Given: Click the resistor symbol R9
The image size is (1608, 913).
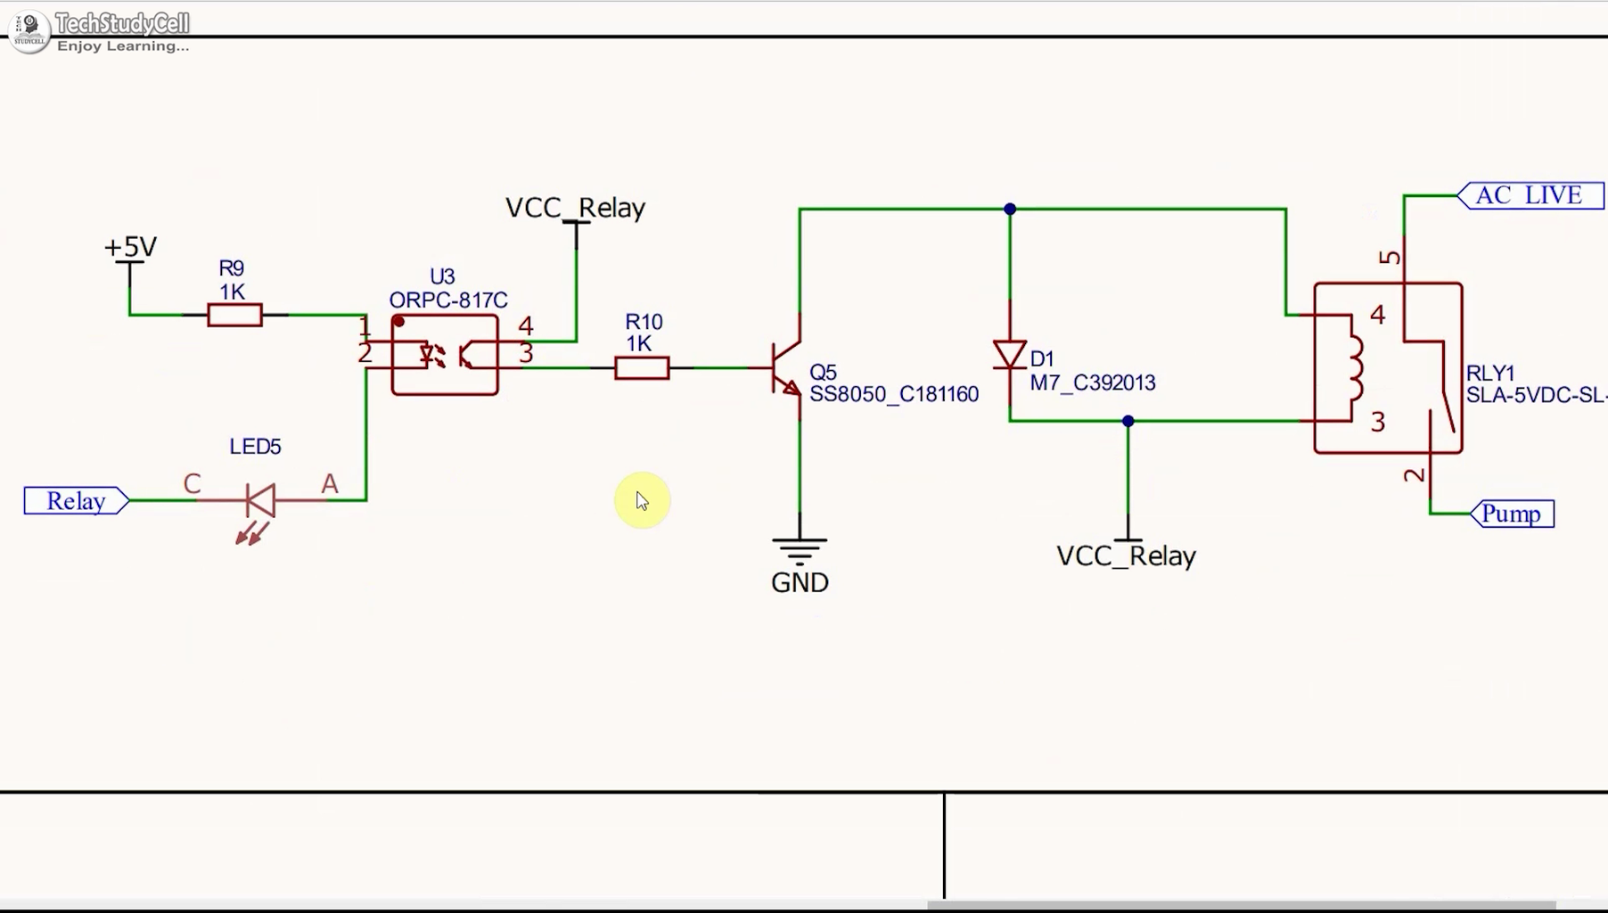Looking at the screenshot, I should click(234, 315).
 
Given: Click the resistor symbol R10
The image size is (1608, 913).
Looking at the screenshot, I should click(642, 367).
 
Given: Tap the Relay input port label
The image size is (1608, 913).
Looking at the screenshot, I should click(76, 501).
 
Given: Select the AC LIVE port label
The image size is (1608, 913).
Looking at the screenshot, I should click(1530, 195).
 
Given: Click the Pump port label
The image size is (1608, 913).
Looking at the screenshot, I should click(1512, 514).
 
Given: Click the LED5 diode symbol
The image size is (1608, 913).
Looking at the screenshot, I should click(260, 501).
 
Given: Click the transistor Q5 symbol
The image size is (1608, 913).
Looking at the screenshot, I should click(787, 367).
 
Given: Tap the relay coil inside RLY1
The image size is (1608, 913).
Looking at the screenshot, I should click(1355, 367).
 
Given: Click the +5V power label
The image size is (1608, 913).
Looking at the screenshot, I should click(130, 247).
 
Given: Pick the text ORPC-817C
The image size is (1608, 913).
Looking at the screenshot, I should click(448, 300).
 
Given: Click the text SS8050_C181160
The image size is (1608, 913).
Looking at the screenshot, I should click(893, 394).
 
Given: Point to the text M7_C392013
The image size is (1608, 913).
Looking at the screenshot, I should click(1092, 382).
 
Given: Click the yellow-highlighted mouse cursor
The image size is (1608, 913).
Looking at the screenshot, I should click(642, 500).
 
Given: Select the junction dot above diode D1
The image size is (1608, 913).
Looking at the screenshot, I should click(1009, 209).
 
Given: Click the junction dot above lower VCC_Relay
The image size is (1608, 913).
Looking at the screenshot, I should click(1128, 421).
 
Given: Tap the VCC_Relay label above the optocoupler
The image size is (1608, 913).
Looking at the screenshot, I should click(575, 208).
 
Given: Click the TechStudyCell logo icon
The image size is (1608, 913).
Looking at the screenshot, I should click(29, 31).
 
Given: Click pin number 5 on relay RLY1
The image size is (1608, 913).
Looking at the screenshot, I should click(1389, 258).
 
